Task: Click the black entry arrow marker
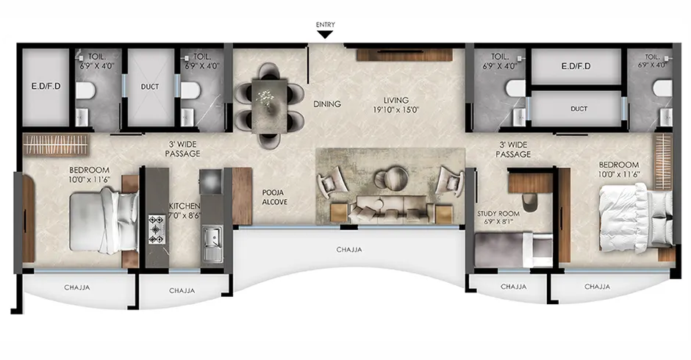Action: [325, 34]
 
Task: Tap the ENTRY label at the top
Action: [325, 24]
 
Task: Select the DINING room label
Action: [327, 104]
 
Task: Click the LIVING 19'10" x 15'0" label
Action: [395, 105]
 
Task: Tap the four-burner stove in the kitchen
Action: [157, 228]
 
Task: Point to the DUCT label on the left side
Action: [150, 86]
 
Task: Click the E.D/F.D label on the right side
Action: [576, 67]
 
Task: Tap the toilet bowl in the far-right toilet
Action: [663, 88]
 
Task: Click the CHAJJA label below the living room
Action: [350, 249]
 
